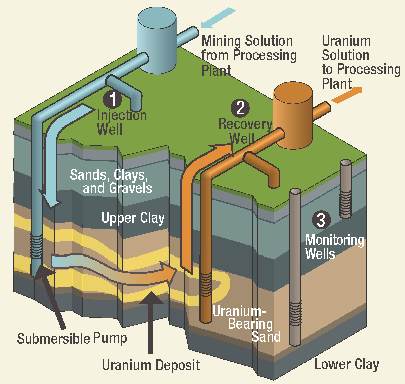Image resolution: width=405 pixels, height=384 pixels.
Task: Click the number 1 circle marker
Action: click(113, 98)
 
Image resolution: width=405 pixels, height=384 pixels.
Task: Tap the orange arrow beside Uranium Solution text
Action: click(347, 94)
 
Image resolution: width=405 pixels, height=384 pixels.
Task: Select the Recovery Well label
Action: click(245, 131)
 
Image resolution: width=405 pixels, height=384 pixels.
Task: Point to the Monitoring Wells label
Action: click(334, 246)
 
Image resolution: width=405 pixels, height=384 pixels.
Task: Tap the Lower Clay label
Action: click(347, 364)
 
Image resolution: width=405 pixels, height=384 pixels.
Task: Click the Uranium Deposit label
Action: click(151, 365)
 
